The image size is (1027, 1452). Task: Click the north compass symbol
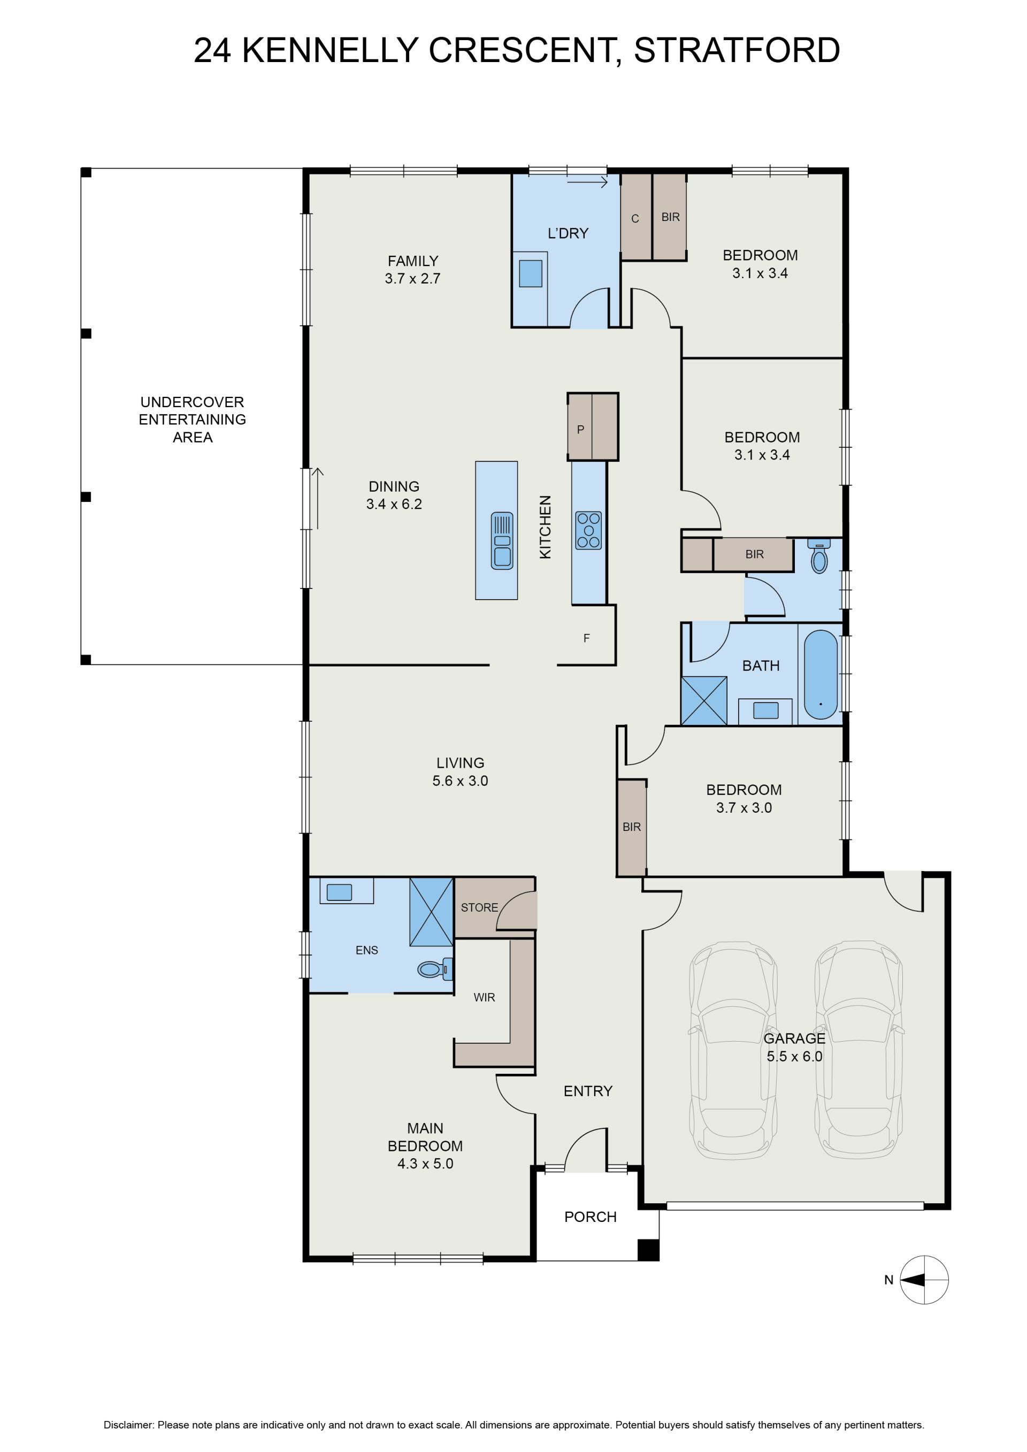[x=924, y=1279]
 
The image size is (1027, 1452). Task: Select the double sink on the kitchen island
[x=502, y=541]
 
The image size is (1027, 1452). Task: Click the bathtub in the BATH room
[x=820, y=674]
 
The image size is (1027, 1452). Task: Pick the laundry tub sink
[x=531, y=274]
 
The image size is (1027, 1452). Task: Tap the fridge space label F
[x=586, y=638]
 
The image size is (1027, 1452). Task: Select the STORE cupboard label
[x=479, y=907]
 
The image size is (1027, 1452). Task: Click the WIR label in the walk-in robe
[x=485, y=997]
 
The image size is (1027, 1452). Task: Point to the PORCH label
[x=590, y=1217]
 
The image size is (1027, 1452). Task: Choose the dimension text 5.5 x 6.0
[x=794, y=1056]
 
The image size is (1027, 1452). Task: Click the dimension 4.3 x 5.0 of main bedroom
[x=425, y=1164]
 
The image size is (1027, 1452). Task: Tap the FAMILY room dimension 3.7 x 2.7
[x=412, y=278]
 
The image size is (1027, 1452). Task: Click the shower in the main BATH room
[x=704, y=701]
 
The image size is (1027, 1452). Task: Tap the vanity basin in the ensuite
[x=339, y=892]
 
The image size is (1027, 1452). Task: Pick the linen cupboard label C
[x=635, y=219]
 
